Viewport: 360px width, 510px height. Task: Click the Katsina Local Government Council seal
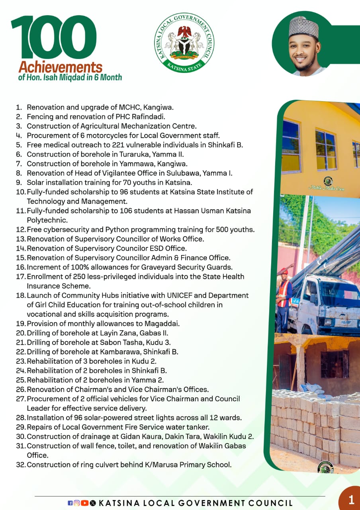[x=184, y=43]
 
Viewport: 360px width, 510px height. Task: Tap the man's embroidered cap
[x=303, y=27]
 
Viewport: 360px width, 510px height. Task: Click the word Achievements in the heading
[x=61, y=67]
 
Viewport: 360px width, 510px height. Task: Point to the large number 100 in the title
[x=53, y=38]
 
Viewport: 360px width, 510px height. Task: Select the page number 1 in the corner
[x=351, y=500]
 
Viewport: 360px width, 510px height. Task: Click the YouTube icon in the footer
[x=84, y=503]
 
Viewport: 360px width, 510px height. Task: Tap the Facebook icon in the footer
[x=70, y=503]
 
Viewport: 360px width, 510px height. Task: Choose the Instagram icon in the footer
[x=77, y=503]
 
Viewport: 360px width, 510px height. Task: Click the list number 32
[x=20, y=464]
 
